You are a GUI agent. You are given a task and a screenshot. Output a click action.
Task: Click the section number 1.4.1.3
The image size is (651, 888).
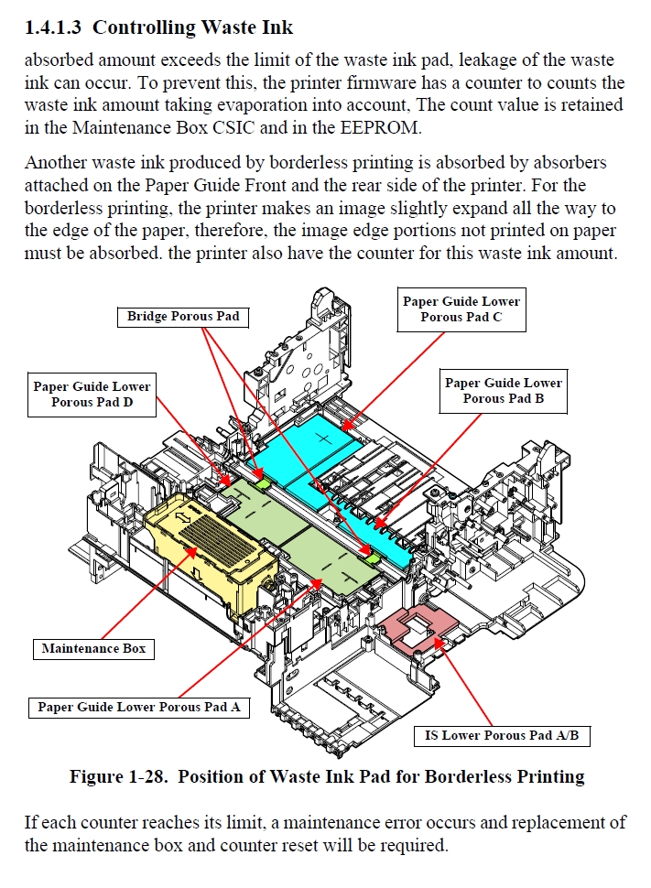[x=54, y=27]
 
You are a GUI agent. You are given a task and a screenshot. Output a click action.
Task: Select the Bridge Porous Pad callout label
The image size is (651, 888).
[x=183, y=317]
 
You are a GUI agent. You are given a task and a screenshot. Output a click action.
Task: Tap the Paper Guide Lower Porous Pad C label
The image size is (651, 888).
[x=461, y=309]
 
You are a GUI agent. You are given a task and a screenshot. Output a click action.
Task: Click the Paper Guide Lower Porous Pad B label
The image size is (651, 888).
[x=503, y=391]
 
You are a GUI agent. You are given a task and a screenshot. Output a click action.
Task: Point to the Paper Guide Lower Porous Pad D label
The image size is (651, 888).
[x=92, y=395]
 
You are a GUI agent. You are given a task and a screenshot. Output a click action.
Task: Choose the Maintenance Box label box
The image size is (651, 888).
[x=94, y=649]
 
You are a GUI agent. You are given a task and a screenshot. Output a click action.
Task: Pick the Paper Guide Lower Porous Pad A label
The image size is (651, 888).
[x=139, y=707]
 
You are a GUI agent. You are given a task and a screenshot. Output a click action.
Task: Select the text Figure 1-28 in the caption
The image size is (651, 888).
[x=118, y=777]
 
